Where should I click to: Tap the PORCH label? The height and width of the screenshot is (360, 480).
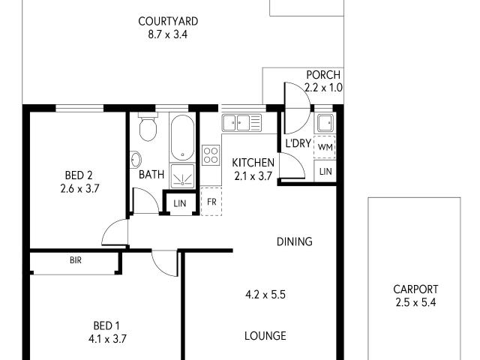[323, 75]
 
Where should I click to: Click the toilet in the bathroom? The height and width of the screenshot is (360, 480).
[148, 128]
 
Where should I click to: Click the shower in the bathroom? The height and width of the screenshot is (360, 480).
[182, 175]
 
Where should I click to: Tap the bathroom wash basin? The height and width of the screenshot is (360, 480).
[136, 160]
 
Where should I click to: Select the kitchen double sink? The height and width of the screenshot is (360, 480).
[241, 121]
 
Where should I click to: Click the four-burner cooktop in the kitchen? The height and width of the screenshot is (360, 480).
[211, 154]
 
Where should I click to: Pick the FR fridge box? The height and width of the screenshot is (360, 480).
[211, 202]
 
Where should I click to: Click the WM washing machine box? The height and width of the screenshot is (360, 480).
[325, 148]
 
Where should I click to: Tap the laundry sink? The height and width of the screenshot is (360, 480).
[325, 124]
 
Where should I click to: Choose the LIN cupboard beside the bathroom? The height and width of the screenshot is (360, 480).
[178, 203]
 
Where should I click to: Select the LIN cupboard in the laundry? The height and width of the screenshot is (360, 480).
[325, 172]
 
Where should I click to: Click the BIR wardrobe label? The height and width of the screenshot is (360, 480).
[76, 261]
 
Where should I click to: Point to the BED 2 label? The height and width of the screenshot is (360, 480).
[79, 176]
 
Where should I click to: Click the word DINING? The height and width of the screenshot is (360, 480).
[294, 241]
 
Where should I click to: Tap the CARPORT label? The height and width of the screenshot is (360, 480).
[415, 289]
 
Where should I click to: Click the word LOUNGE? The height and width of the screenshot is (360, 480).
[265, 336]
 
